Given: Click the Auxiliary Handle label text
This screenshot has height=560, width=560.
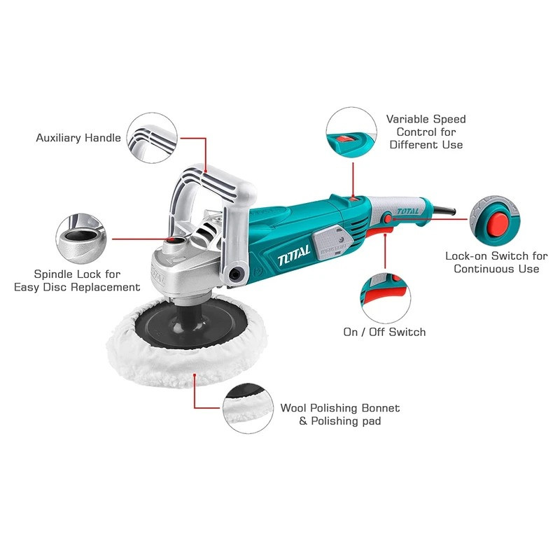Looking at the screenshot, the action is point(78,138).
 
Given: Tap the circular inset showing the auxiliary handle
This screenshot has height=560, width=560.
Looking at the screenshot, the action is point(152,138).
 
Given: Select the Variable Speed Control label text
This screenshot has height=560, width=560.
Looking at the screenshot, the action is point(426,132).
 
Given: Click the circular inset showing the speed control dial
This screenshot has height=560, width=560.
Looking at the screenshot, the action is point(351,132).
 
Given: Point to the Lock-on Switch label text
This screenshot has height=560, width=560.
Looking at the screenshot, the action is point(496,262).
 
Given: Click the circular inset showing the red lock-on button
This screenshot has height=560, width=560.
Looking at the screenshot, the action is point(495,220).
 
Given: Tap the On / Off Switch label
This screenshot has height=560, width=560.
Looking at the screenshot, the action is point(384,332).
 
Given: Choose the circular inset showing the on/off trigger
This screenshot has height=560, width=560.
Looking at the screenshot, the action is point(386,299).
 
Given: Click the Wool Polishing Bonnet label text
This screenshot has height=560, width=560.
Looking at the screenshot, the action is point(340,414).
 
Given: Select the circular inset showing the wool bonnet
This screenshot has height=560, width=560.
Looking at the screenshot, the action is point(248,409).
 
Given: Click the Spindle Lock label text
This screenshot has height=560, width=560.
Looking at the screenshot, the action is point(77,281).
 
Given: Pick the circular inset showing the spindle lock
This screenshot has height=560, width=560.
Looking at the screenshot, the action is point(81,239).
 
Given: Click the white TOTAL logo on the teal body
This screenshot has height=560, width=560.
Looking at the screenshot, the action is point(294,255).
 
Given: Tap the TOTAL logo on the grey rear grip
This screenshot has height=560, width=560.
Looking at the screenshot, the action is point(407,211).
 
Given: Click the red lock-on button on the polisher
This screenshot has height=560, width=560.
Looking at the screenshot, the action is point(388,218).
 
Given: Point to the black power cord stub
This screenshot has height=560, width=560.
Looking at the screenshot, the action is point(444,211).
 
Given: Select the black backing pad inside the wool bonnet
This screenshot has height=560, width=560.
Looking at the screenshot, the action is point(191,324).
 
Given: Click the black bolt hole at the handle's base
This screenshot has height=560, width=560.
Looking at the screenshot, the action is point(235,274).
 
